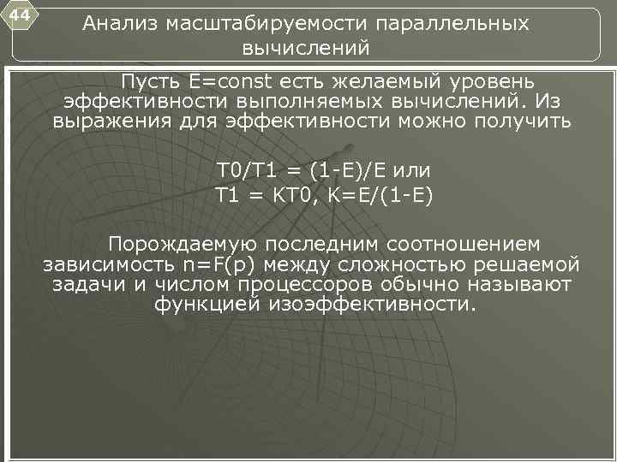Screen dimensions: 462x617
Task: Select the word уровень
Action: pyautogui.click(x=491, y=82)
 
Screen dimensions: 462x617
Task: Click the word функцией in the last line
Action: pyautogui.click(x=207, y=305)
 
